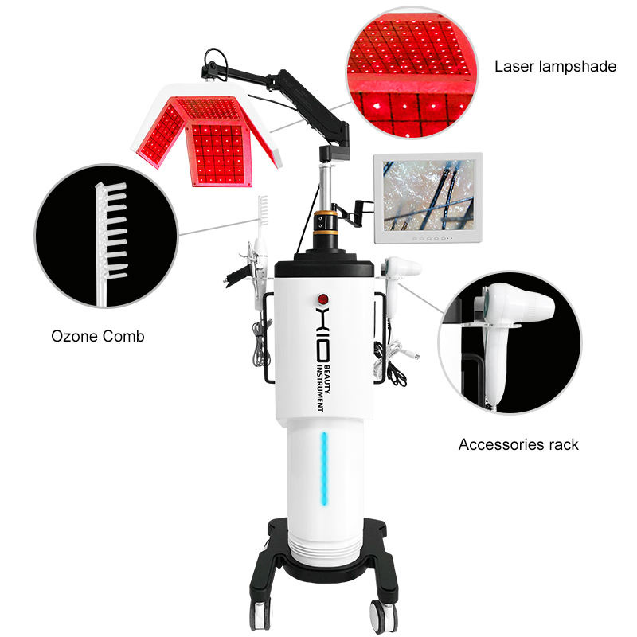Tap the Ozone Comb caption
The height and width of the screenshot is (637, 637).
tap(98, 337)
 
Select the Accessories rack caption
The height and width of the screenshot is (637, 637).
tap(518, 444)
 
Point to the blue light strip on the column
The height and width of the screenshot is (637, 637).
tap(324, 471)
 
